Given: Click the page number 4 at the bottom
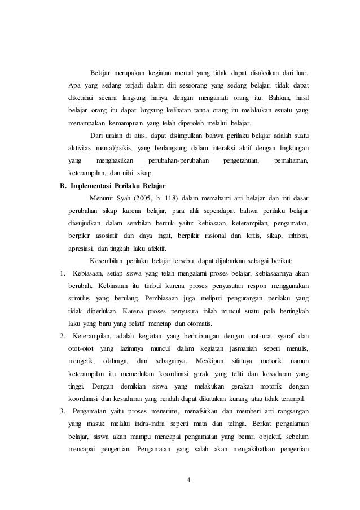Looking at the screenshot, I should [x=188, y=480].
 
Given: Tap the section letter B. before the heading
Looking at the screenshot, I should [x=64, y=185].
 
